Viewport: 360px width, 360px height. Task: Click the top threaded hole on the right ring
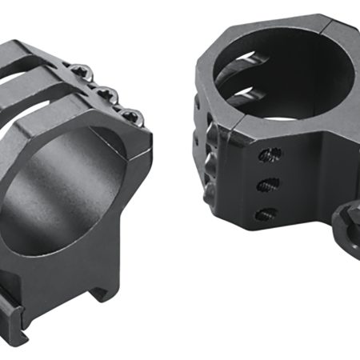click(276, 156)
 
